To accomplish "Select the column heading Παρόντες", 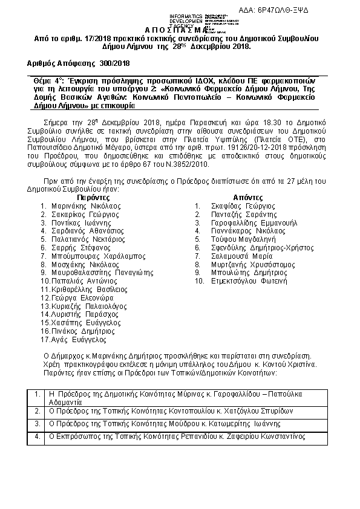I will coord(93,197).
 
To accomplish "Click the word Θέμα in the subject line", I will coord(39,80).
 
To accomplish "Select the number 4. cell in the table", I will coord(38,436).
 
